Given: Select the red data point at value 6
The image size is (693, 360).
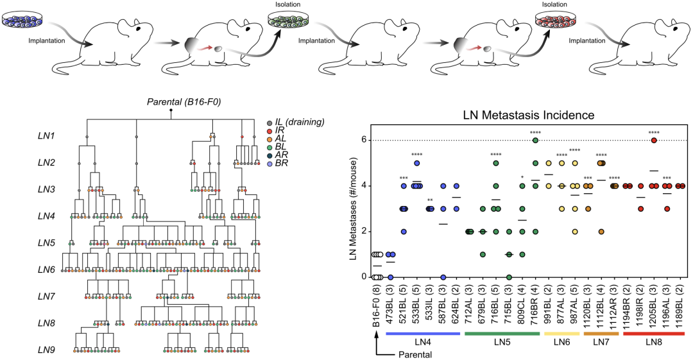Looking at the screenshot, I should click(654, 141).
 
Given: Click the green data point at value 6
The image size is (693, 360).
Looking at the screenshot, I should click(535, 141).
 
